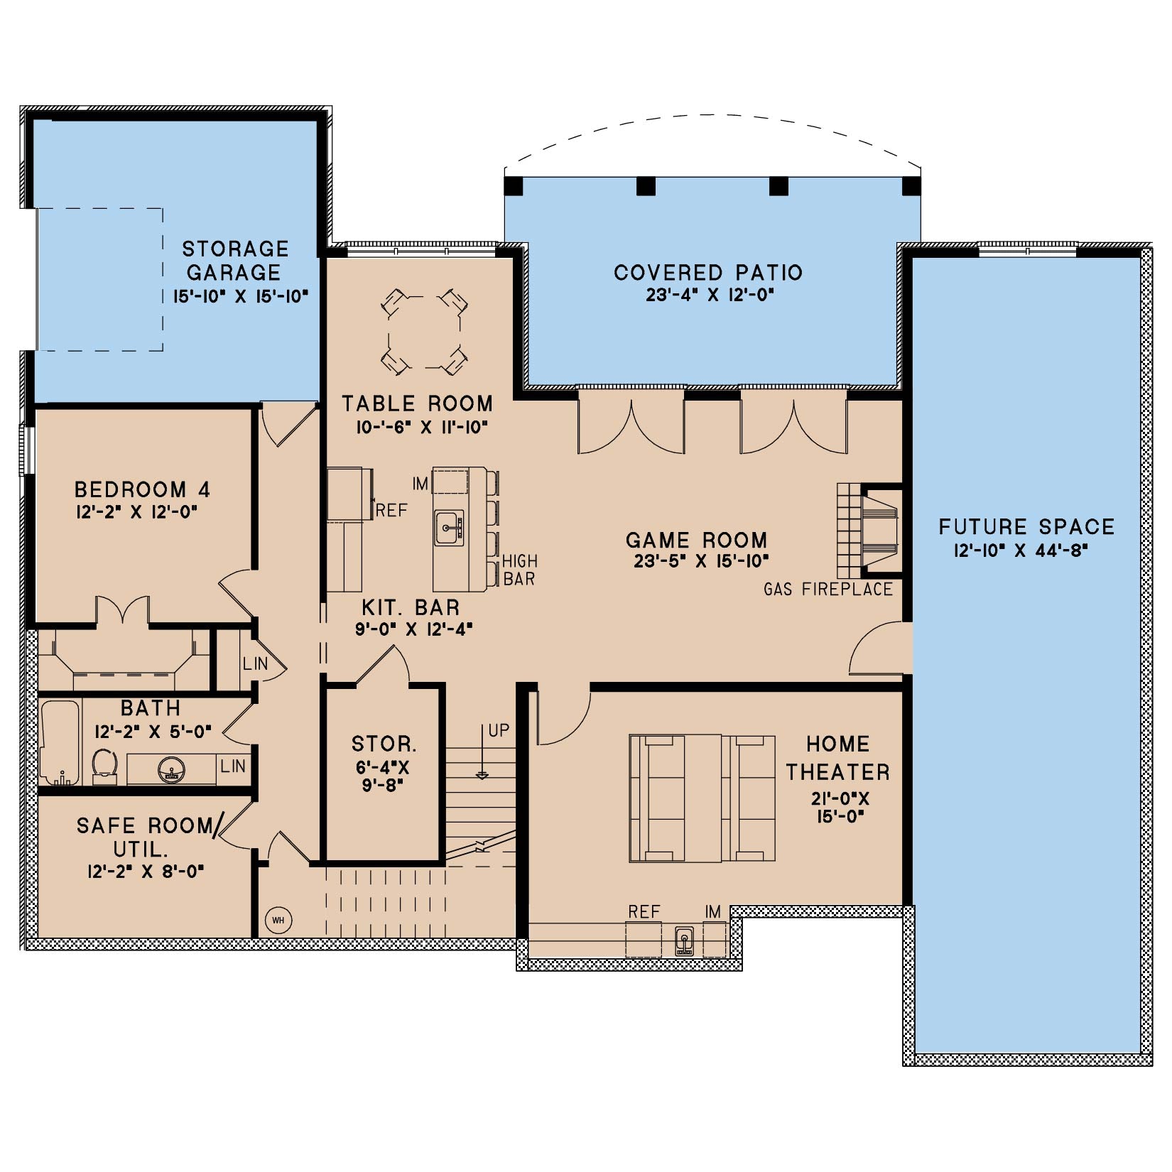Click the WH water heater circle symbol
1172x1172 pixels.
[x=278, y=921]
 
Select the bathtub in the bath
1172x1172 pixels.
[x=60, y=743]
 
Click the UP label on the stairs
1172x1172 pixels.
[x=499, y=730]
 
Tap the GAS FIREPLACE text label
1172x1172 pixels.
[x=828, y=589]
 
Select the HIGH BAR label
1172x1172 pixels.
[x=520, y=570]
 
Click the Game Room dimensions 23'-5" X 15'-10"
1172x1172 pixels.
[x=702, y=561]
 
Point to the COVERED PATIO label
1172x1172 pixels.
[x=708, y=273]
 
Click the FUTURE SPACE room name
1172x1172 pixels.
[x=1026, y=527]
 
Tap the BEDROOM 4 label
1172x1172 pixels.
[x=142, y=489]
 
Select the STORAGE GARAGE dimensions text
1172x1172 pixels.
[x=241, y=296]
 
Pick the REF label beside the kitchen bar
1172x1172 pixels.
[x=391, y=510]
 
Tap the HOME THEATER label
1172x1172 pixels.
[x=838, y=758]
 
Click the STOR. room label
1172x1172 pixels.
[x=384, y=744]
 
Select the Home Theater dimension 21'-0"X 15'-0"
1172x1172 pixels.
[x=840, y=808]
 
